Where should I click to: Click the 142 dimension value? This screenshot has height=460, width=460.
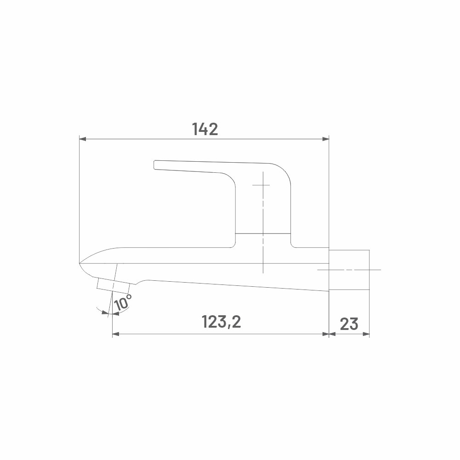tap(205, 129)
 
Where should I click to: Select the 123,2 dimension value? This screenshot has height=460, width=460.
tap(221, 322)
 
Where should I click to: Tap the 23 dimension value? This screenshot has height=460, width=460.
tap(349, 324)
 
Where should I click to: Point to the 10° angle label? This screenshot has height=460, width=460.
tap(123, 302)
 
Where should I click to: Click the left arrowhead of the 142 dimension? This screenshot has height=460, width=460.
tap(83, 139)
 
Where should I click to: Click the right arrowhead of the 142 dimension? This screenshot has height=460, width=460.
tap(326, 139)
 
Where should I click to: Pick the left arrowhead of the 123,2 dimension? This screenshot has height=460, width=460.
tap(116, 334)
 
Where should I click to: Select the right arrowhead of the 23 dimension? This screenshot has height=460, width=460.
tap(366, 334)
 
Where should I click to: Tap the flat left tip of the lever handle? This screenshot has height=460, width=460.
tap(154, 165)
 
